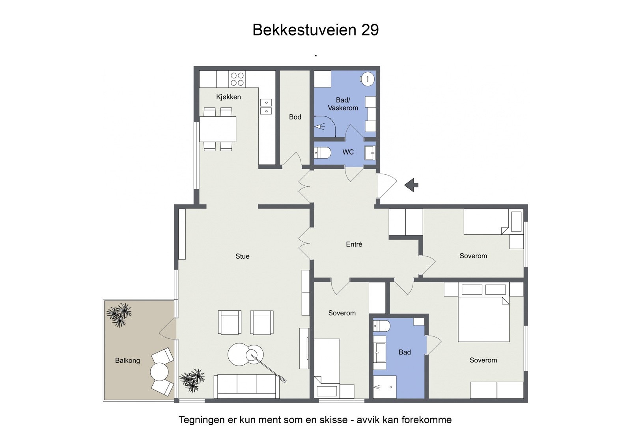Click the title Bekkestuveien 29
click(x=315, y=30)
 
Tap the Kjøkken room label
click(x=228, y=97)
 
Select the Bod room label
click(x=295, y=117)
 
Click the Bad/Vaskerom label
click(x=343, y=104)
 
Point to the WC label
click(x=348, y=152)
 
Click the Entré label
click(x=354, y=244)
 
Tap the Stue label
click(x=243, y=256)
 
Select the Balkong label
click(x=127, y=360)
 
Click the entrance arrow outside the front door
click(x=411, y=185)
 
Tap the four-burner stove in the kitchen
click(x=237, y=79)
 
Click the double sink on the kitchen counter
click(x=266, y=107)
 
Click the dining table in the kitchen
click(x=218, y=129)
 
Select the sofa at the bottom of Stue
click(x=246, y=386)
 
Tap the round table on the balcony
click(x=159, y=371)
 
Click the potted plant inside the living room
click(x=192, y=380)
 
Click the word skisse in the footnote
click(x=334, y=420)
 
